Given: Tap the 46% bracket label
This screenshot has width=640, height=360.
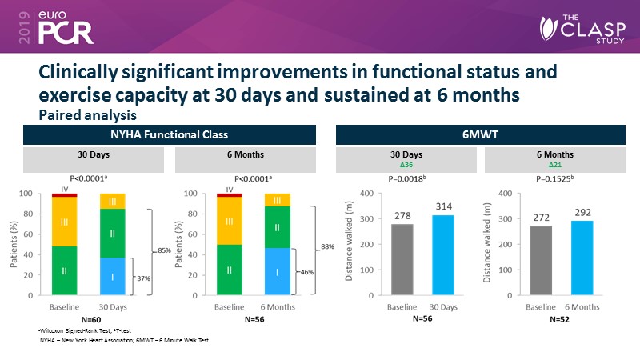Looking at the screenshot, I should pyautogui.click(x=307, y=272).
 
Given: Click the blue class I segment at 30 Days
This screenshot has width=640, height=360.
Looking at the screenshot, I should pyautogui.click(x=112, y=276).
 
